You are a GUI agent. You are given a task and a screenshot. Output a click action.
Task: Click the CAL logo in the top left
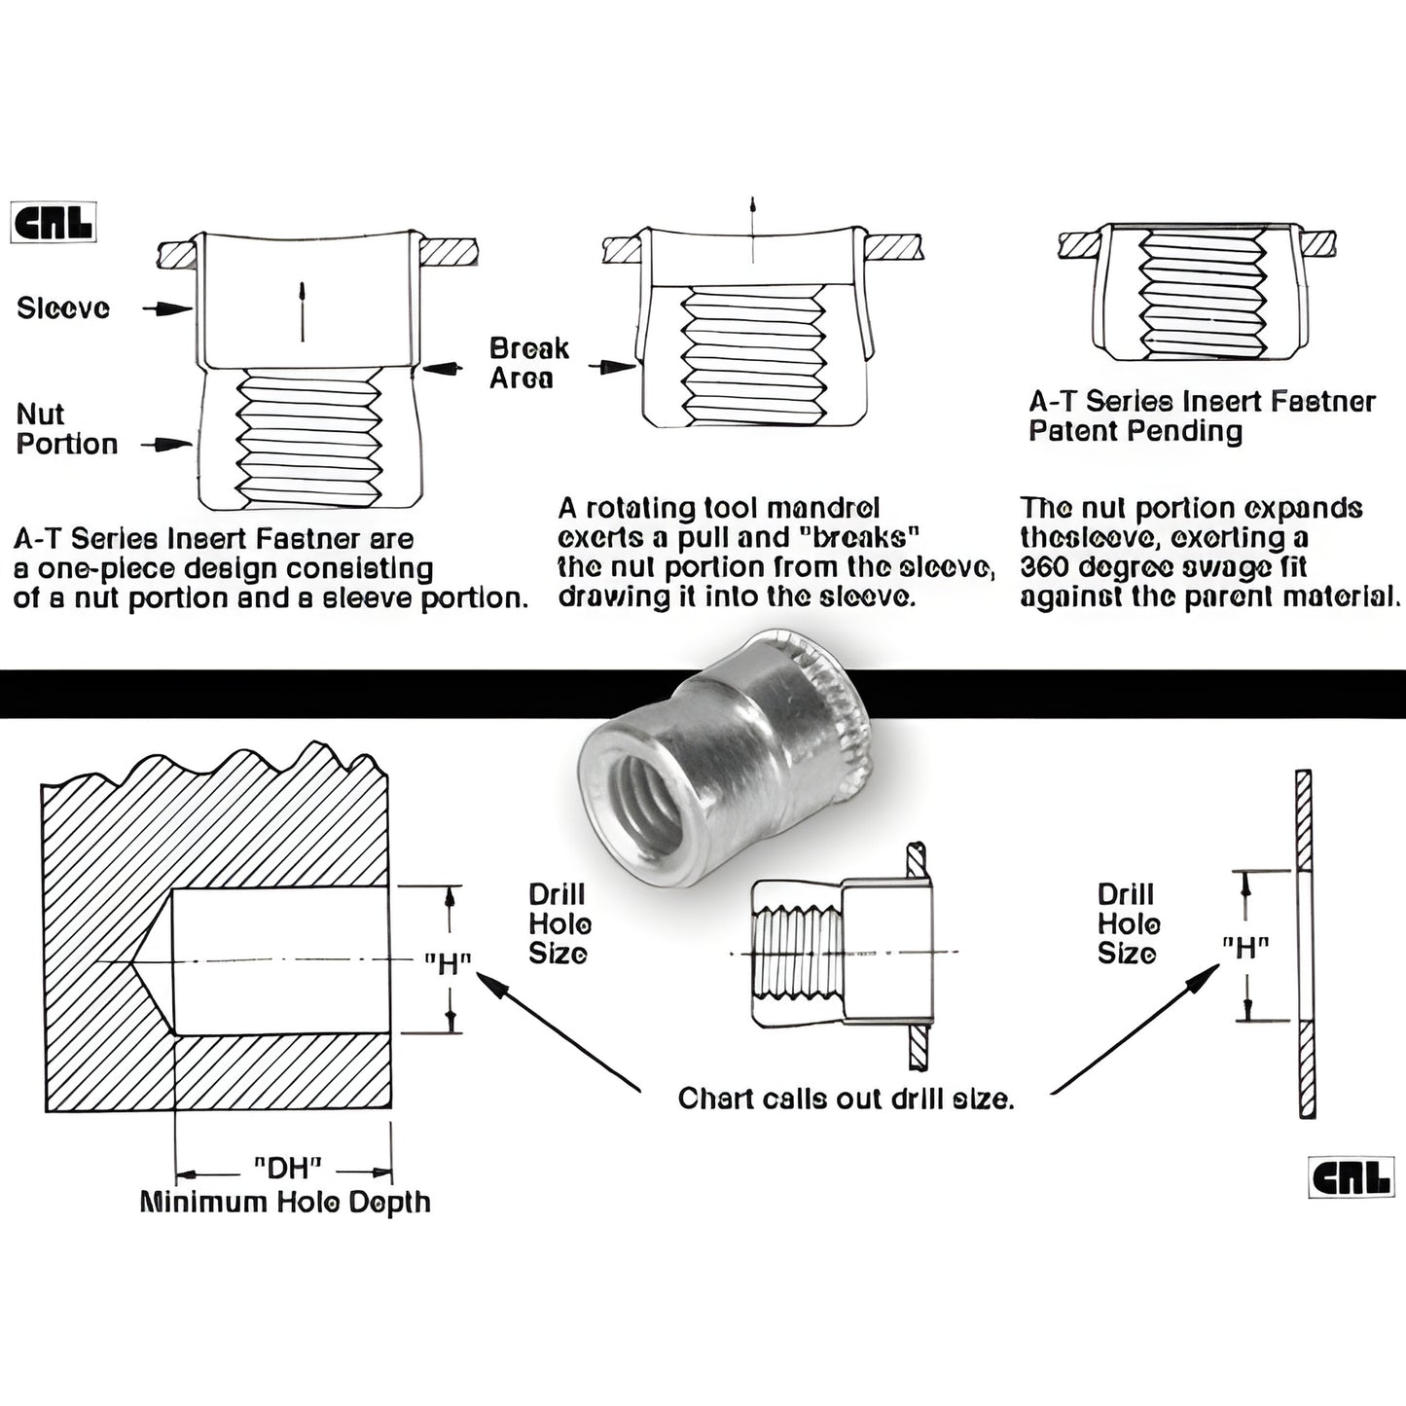[53, 222]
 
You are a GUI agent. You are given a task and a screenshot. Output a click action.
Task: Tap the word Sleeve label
[63, 308]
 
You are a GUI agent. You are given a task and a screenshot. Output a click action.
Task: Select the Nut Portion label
[66, 429]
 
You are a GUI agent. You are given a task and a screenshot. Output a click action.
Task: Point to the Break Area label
[528, 363]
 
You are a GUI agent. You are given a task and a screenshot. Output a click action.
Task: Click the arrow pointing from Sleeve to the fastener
[166, 308]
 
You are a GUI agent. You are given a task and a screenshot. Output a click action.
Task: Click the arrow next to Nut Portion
[166, 445]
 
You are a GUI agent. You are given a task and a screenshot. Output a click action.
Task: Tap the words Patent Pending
[1135, 431]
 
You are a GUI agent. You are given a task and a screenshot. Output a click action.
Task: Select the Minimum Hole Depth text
[285, 1203]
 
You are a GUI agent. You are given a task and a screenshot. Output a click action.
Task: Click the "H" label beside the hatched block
[448, 964]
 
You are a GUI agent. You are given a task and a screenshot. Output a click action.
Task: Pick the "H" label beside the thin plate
[1245, 947]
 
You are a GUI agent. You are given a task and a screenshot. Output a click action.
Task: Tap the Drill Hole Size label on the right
[1128, 923]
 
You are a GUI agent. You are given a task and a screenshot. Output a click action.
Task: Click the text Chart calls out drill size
[846, 1100]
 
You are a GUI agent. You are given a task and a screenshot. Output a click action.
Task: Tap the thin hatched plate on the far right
[1305, 944]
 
